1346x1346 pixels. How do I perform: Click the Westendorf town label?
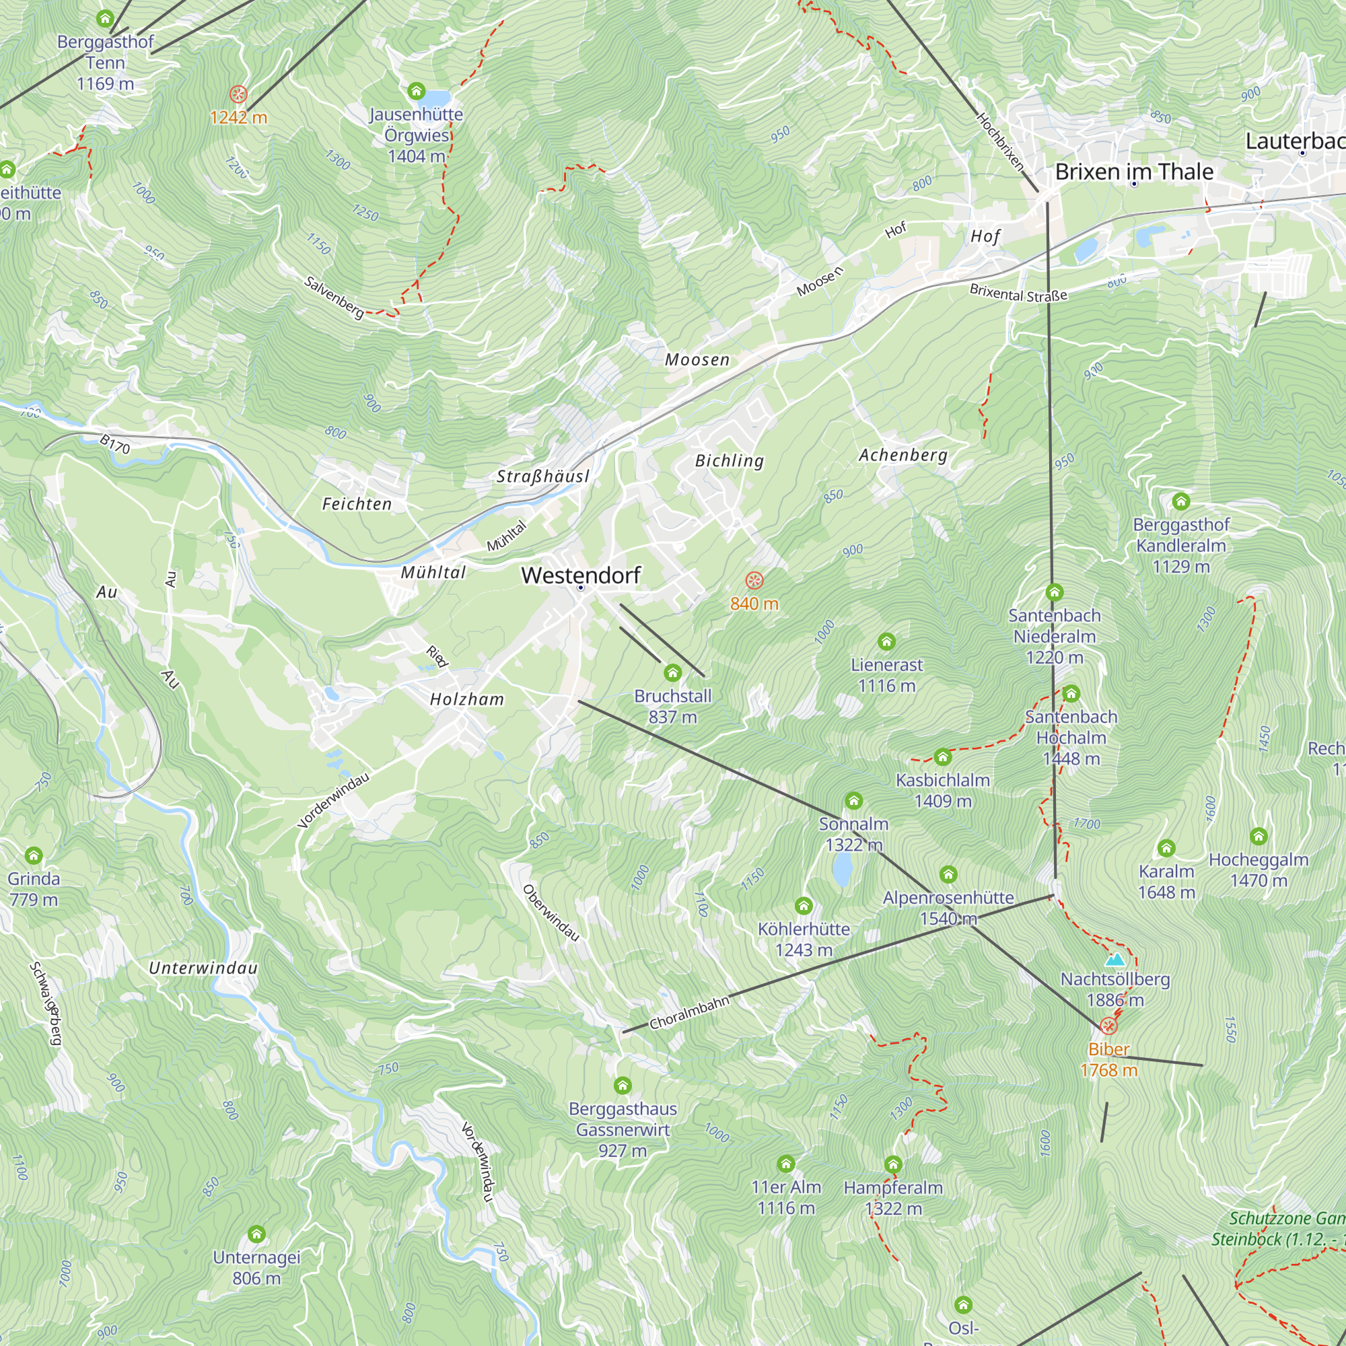580,575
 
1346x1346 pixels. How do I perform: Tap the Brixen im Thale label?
1133,172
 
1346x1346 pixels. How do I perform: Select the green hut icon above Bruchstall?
672,672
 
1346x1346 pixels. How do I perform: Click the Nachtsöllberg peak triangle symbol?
1114,960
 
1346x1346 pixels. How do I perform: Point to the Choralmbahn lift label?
689,1013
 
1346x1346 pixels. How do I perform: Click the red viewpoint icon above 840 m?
754,580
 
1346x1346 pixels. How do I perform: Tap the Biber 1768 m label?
1108,1060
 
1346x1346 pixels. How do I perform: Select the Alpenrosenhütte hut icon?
948,874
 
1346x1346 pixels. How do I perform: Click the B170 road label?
115,444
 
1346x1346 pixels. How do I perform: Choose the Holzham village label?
467,699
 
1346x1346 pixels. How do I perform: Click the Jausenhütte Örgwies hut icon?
417,91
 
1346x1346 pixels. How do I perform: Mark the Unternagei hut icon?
256,1234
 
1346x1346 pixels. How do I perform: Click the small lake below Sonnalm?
843,870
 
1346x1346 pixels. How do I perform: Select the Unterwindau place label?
203,968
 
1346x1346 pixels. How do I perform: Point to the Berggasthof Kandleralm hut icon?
1181,501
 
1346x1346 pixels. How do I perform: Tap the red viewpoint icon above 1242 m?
238,94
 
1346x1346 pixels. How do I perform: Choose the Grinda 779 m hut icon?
34,855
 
